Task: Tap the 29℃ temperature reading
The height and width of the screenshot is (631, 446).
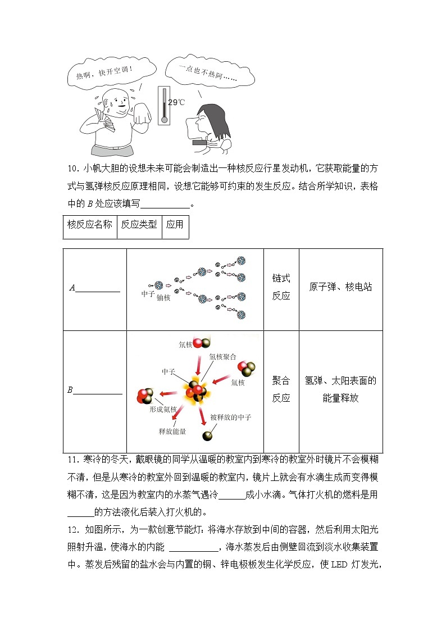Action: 176,102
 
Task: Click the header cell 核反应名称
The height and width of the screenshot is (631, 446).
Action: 90,225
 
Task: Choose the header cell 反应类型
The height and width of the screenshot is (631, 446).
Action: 139,225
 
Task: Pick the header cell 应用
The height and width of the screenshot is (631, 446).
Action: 175,225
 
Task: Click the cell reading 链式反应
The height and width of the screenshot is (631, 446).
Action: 281,287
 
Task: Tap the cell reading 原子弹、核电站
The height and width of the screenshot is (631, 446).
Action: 340,287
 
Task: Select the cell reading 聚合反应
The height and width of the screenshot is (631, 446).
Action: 281,389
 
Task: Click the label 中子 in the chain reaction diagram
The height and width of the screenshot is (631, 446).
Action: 148,293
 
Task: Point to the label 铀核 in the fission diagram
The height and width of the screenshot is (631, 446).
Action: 163,297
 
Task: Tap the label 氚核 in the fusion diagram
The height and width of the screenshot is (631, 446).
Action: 238,383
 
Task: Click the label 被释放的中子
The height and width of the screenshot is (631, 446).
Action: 230,417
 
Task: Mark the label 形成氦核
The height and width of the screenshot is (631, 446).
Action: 163,410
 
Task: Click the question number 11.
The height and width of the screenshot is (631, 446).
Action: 71,459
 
